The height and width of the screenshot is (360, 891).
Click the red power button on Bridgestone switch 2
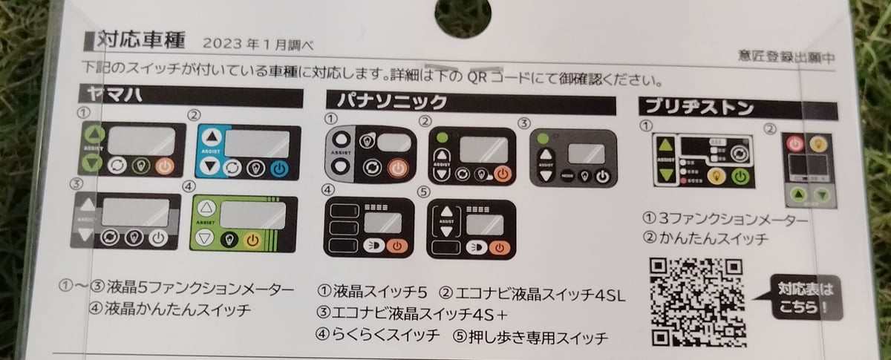point(792,143)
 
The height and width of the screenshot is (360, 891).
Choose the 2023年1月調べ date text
point(256,44)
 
